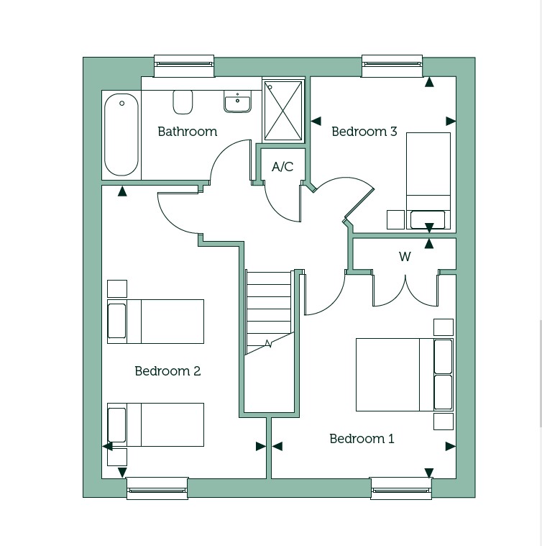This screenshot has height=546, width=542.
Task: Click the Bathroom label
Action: (x=187, y=132)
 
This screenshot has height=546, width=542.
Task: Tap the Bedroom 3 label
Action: (x=364, y=132)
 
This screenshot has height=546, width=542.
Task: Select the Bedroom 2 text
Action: (x=167, y=371)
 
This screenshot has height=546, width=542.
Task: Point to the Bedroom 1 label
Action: (x=362, y=439)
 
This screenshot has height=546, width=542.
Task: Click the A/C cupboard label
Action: (x=283, y=167)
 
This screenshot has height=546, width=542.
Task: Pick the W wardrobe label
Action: (x=405, y=257)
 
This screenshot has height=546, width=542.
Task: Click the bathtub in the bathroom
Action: (x=121, y=134)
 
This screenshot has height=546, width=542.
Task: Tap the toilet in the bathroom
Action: (x=183, y=101)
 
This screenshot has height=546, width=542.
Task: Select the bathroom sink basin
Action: (x=237, y=103)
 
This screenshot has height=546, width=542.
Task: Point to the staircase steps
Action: (x=269, y=309)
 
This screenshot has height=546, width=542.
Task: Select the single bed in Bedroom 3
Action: (x=428, y=180)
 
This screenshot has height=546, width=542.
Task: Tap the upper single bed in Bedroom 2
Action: (x=155, y=322)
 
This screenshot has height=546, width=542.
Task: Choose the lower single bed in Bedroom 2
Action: (x=155, y=424)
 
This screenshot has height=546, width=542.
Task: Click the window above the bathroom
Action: (x=184, y=65)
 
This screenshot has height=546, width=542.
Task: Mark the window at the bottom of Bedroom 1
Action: (x=401, y=488)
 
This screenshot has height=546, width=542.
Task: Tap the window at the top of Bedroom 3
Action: (x=392, y=65)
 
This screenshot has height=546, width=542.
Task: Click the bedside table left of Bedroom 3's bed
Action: (x=395, y=219)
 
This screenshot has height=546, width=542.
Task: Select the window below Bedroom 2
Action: (x=157, y=488)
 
